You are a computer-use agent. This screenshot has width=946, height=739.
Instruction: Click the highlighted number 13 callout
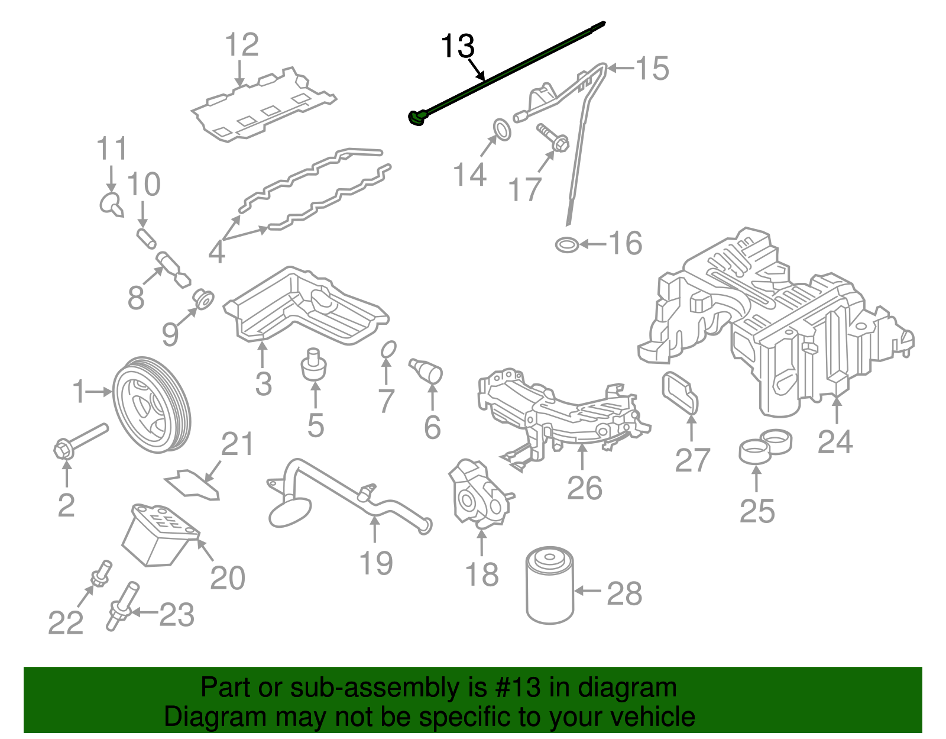458,46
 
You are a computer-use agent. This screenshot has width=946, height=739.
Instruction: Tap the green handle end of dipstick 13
416,118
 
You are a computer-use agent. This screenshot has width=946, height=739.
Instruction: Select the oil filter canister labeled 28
549,586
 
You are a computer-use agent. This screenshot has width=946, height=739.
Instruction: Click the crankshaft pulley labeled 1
151,406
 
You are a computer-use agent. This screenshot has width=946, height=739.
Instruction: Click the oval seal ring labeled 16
567,244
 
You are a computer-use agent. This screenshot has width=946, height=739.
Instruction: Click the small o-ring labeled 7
388,350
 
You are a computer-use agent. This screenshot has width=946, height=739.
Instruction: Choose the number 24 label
835,442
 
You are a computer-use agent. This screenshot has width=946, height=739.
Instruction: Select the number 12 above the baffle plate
242,45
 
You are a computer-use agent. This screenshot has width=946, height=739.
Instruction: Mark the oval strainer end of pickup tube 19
289,512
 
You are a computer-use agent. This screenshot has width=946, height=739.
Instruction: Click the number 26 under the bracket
584,488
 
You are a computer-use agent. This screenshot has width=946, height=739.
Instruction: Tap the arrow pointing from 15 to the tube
621,69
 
